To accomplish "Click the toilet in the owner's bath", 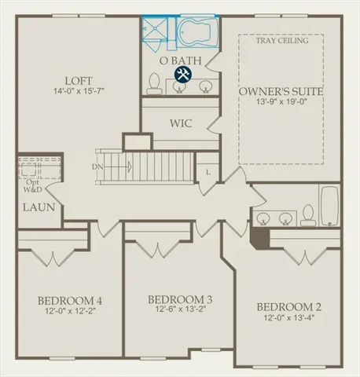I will (156, 83).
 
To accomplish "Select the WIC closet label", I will (182, 123).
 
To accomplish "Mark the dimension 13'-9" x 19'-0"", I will (280, 103).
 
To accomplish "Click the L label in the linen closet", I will (208, 171).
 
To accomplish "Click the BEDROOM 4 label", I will (69, 301).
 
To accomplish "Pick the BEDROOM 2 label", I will (292, 306).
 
